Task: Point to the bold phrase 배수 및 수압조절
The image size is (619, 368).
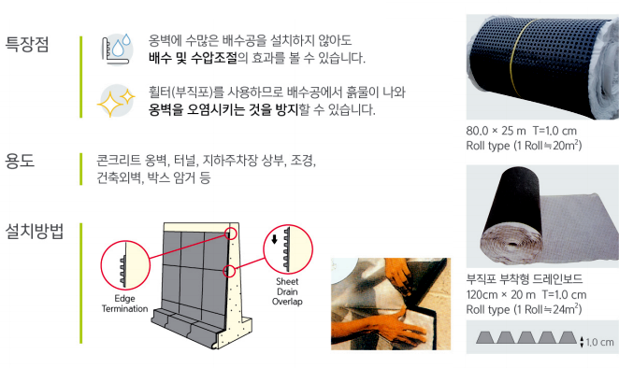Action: [x=192, y=58]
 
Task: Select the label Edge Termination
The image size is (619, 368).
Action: [x=122, y=303]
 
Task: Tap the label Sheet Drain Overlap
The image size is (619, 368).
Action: [x=287, y=290]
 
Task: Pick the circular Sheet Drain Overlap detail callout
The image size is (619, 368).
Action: [x=284, y=248]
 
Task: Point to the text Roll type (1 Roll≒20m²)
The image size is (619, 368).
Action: [x=523, y=146]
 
